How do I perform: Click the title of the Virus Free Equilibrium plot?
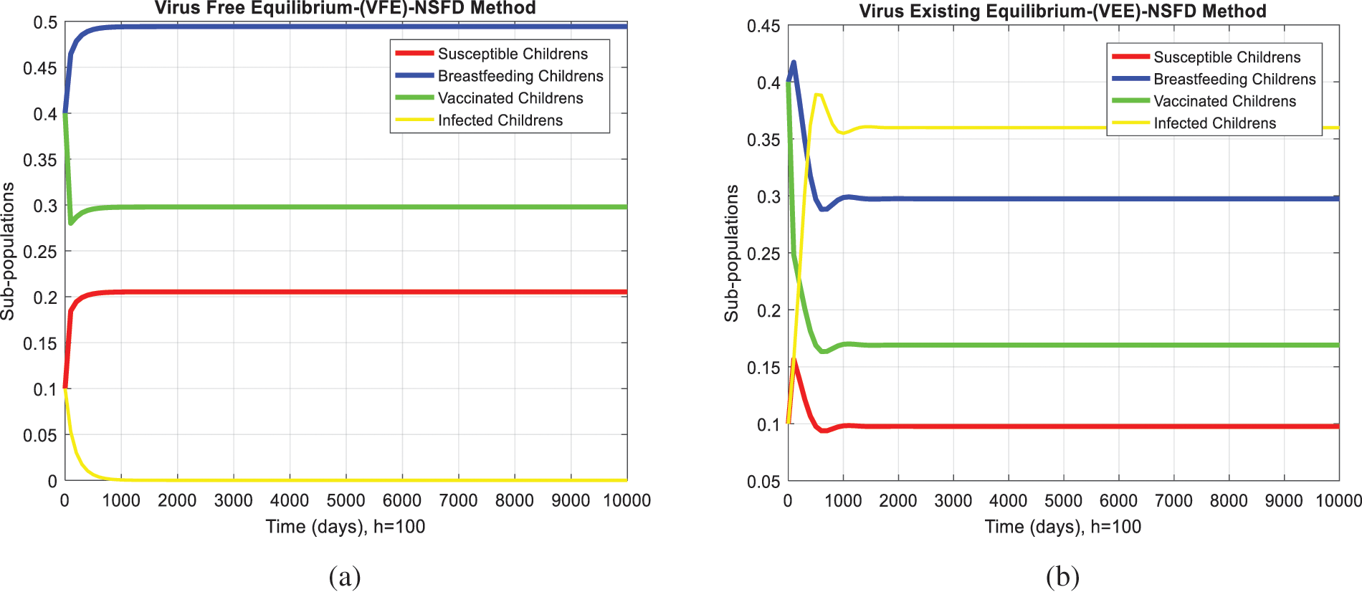(x=345, y=9)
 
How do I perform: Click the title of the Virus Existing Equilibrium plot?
(x=1062, y=11)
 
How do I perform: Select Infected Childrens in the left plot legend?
(x=500, y=120)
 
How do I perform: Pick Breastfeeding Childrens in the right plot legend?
(x=1234, y=79)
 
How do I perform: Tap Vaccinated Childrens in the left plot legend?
(x=510, y=98)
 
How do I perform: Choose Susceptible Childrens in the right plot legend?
(x=1227, y=57)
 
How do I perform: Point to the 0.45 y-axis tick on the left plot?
(x=39, y=68)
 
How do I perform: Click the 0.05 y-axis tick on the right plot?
(x=763, y=482)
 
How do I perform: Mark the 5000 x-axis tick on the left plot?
(x=346, y=500)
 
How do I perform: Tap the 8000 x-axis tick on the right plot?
(x=1229, y=501)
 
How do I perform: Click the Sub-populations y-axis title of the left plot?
(x=8, y=251)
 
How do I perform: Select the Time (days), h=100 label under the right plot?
(x=1062, y=527)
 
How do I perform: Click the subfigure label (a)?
(x=344, y=576)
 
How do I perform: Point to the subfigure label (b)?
(x=1062, y=576)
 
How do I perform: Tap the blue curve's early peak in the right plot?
(x=794, y=63)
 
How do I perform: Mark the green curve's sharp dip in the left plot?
(x=71, y=223)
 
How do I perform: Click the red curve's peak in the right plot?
(x=794, y=360)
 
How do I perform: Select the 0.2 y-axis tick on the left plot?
(x=44, y=297)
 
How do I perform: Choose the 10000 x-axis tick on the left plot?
(x=627, y=500)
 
